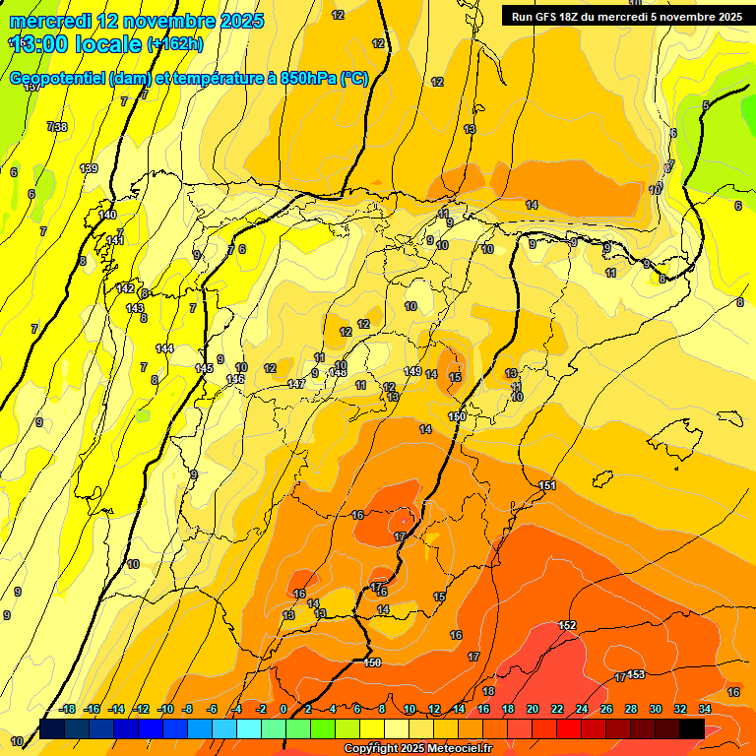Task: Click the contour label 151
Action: pos(548,485)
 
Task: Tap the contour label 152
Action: pos(567,625)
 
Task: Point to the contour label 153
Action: pos(636,673)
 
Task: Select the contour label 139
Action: pos(89,168)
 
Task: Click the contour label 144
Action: pos(164,348)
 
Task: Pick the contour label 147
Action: pos(295,383)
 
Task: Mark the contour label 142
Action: pos(125,287)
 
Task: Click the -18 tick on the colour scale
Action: pos(68,709)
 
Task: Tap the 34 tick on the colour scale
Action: pos(705,709)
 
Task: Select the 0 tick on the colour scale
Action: pos(283,709)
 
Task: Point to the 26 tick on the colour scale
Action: pos(605,709)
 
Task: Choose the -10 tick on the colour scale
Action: pos(165,709)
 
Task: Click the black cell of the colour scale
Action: pos(692,728)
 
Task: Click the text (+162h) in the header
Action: pos(174,43)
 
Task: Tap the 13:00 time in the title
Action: pos(43,43)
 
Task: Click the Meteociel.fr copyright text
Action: pos(417,749)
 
